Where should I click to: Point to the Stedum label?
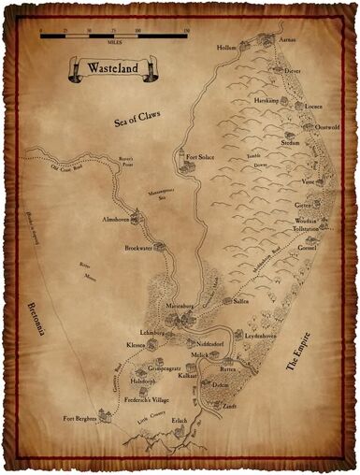coord(291,145)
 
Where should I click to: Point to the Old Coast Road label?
coord(67,169)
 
